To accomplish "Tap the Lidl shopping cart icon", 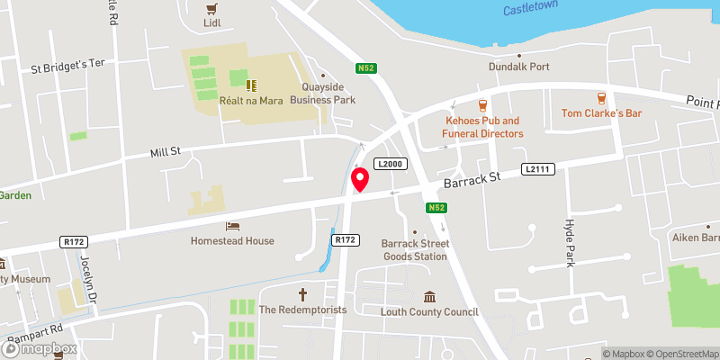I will point(212,9).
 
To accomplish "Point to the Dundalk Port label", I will point(518,67).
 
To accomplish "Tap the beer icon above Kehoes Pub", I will point(483,104).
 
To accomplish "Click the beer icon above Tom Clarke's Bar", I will point(600,97).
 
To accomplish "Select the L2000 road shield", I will point(392,164).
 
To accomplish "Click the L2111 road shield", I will point(537,169).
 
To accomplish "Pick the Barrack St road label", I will point(472,180).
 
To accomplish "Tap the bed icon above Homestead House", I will point(232,225).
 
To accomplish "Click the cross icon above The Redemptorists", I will point(303,293).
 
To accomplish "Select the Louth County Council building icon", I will point(430,297).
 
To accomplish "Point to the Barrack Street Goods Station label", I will point(414,249).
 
